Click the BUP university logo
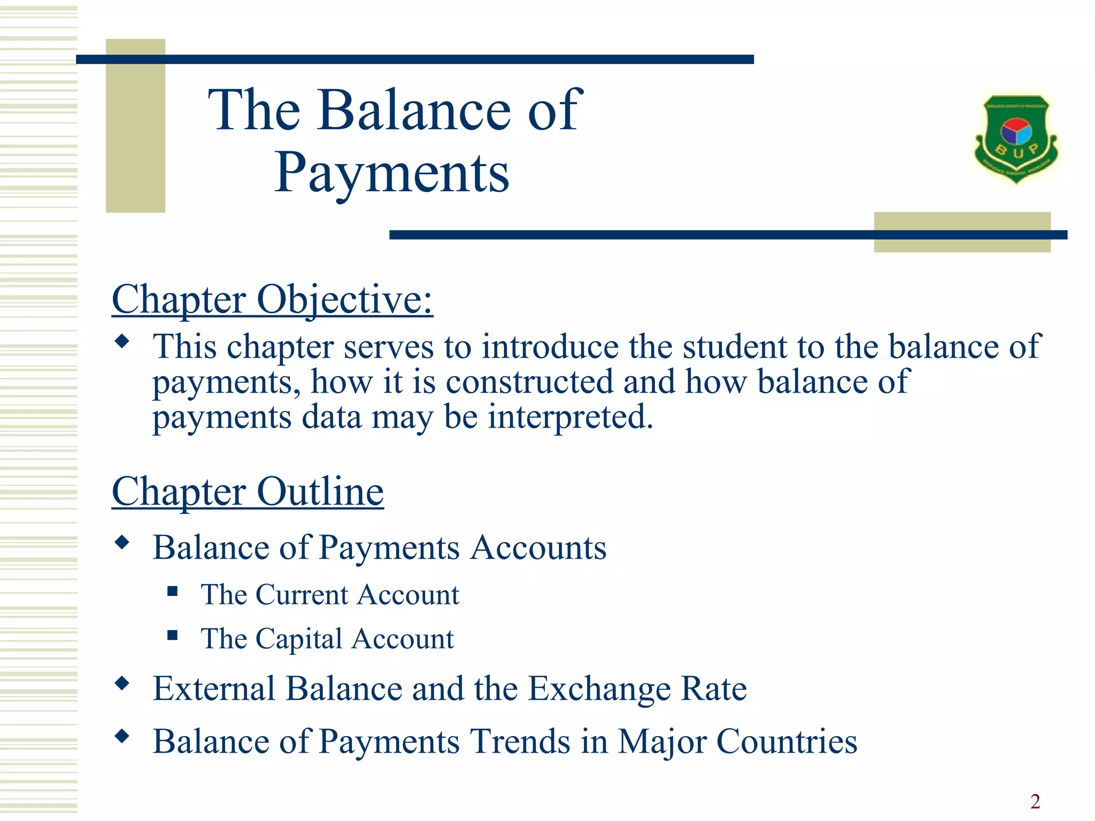(1016, 139)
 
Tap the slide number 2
(1035, 801)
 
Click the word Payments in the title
(392, 173)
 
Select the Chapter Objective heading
(272, 299)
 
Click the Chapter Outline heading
(248, 491)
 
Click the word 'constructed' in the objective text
(529, 382)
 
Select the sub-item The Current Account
(330, 595)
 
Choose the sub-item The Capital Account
(327, 639)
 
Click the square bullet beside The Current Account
(172, 591)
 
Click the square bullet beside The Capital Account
(172, 635)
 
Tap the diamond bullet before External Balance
(122, 684)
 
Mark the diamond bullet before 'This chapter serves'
(122, 342)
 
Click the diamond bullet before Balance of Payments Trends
(122, 737)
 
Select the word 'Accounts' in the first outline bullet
(538, 548)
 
